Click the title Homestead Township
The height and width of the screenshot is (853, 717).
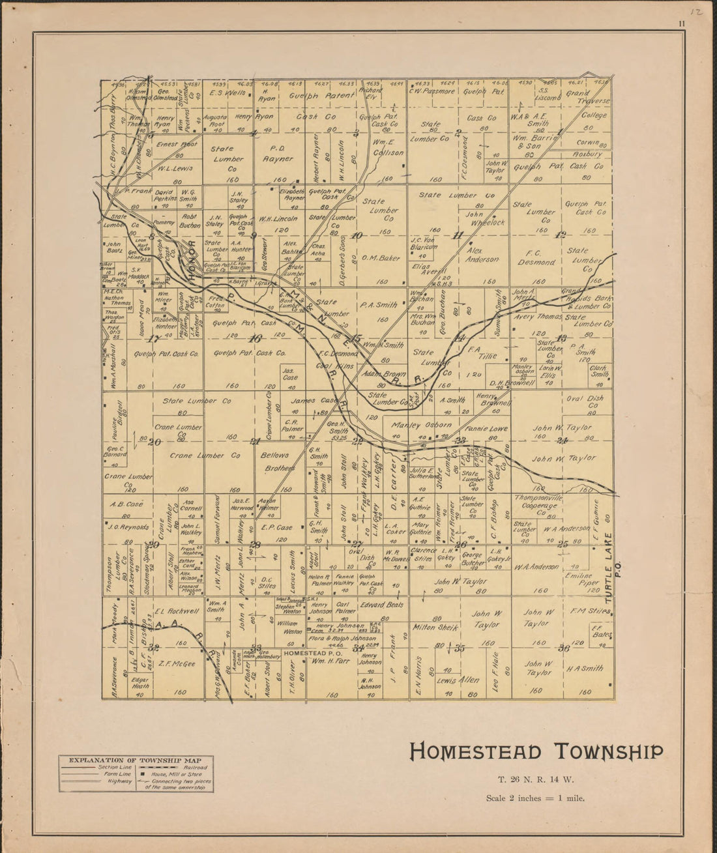(536, 751)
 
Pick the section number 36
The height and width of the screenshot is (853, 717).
(564, 648)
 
